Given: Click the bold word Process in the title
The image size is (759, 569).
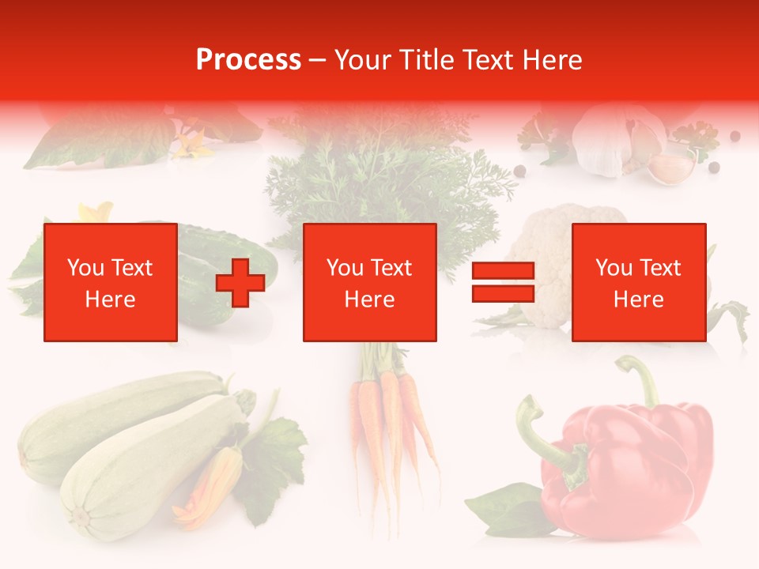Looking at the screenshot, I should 248,60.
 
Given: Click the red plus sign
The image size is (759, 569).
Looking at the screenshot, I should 240,283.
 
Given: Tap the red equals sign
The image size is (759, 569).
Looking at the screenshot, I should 503,283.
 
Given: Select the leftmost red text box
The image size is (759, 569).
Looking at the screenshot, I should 111,283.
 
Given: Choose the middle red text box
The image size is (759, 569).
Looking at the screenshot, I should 370,283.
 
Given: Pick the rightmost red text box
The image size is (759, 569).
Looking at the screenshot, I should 639,283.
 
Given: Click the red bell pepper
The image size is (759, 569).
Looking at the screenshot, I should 625,466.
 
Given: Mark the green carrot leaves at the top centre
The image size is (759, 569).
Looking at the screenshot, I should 379,174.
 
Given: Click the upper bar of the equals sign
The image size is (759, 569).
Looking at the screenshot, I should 503,272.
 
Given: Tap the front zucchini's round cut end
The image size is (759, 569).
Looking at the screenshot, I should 80,518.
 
